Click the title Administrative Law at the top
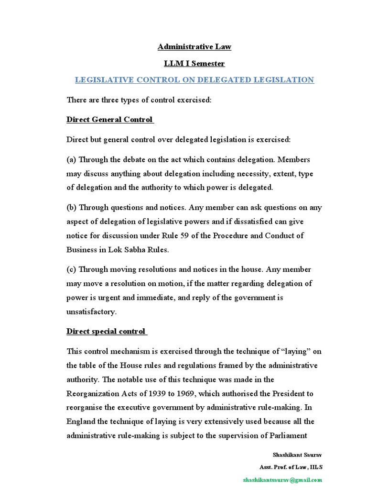tap(194, 47)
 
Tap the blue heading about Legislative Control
tap(194, 80)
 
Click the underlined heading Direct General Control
tap(109, 119)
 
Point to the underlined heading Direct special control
tap(106, 332)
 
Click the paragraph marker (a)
tap(71, 159)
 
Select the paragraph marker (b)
tap(71, 208)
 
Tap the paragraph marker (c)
tap(71, 269)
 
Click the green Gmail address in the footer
tap(282, 479)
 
